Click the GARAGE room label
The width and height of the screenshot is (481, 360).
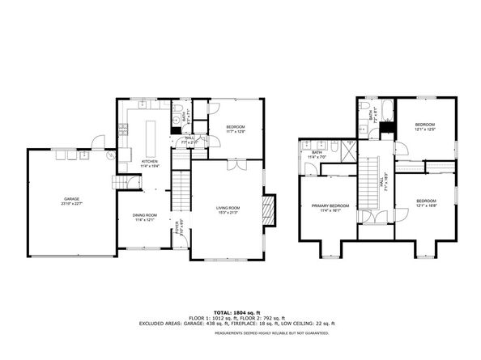pyautogui.click(x=66, y=198)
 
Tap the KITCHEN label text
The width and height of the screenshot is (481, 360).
pyautogui.click(x=151, y=161)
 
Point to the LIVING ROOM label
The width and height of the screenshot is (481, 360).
pyautogui.click(x=228, y=209)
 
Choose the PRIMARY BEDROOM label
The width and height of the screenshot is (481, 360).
pyautogui.click(x=330, y=205)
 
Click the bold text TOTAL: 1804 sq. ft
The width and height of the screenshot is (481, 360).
pyautogui.click(x=240, y=311)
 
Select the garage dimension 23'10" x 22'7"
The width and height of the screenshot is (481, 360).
pyautogui.click(x=66, y=203)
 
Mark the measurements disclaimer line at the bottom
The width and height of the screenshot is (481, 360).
pyautogui.click(x=240, y=332)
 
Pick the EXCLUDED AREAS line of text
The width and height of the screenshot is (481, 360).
pyautogui.click(x=240, y=323)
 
